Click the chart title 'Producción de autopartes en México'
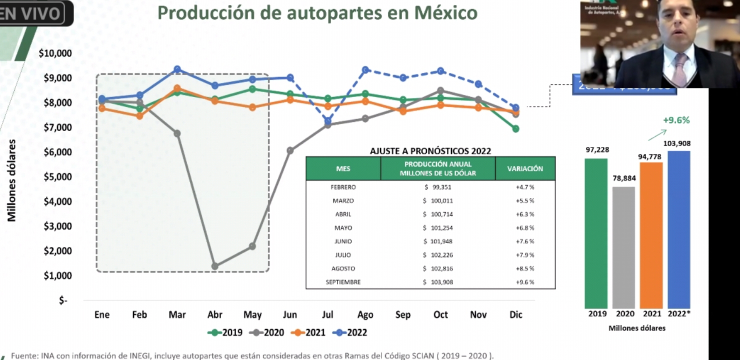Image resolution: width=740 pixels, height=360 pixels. point(317,13)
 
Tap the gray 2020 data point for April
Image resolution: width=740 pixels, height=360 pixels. point(214,266)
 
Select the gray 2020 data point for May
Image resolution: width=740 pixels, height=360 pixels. point(252,246)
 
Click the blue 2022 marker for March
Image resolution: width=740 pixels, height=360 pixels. point(177,69)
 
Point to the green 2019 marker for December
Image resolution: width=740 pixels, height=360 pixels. point(515,129)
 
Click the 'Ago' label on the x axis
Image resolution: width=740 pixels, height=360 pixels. point(365,315)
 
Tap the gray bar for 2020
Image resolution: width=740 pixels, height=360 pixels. point(623,247)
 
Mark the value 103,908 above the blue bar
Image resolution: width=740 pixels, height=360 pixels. point(677,144)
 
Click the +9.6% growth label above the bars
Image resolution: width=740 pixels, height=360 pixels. point(676,120)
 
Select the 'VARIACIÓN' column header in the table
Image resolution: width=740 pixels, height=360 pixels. point(524,169)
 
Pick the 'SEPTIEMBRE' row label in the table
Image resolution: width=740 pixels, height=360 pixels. point(343,282)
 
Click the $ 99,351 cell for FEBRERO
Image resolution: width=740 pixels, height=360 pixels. point(438,187)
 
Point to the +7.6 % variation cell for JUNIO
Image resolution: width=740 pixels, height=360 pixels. point(525,241)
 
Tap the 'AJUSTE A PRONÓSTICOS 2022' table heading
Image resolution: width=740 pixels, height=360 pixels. point(430,150)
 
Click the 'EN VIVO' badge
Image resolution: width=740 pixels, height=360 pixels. point(32,13)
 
